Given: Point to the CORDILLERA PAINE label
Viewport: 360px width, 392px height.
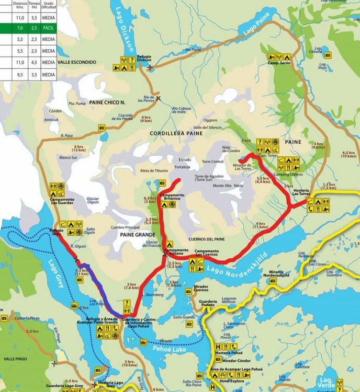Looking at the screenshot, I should (x=175, y=134).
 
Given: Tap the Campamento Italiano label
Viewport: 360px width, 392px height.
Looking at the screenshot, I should (x=175, y=252).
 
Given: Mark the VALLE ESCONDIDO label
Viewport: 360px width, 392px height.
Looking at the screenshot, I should (x=77, y=62).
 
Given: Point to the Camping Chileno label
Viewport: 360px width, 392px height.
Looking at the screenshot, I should (x=288, y=174).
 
